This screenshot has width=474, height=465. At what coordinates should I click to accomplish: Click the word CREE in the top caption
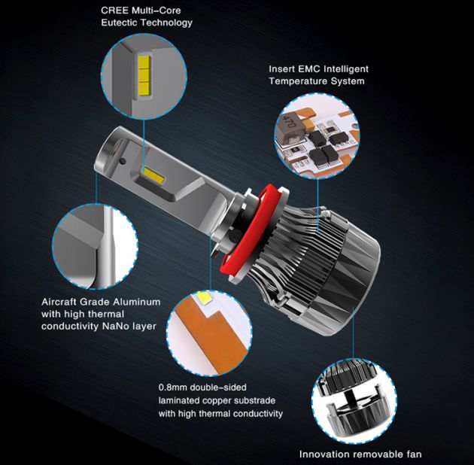coord(115,11)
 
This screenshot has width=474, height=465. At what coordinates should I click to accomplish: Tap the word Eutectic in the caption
coord(120,23)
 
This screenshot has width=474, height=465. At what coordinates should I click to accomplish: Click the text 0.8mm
coord(174,387)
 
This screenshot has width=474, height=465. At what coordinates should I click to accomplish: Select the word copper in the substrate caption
coord(220,400)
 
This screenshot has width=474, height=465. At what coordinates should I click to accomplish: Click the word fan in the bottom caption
coord(412,454)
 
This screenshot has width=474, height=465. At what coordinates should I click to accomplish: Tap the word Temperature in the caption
coord(299,81)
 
